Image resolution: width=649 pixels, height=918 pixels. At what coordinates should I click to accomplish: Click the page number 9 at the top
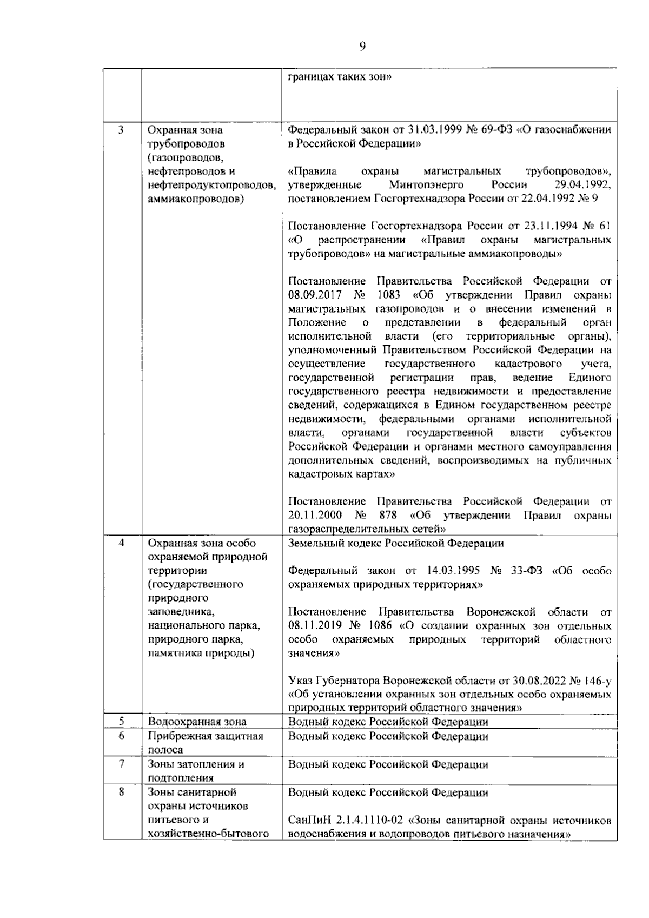(x=362, y=47)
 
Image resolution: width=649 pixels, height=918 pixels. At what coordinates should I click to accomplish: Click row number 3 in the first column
(x=121, y=130)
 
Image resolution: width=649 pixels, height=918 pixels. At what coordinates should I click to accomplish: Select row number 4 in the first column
(x=121, y=543)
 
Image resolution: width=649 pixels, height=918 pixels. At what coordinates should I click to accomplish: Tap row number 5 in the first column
(x=121, y=721)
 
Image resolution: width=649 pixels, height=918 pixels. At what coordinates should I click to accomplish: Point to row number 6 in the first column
(x=121, y=736)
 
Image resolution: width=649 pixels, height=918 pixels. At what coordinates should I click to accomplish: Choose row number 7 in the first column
(x=121, y=764)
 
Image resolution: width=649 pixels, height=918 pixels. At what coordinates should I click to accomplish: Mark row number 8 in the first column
(x=121, y=792)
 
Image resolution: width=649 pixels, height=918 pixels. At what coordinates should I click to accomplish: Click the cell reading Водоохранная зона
(x=197, y=722)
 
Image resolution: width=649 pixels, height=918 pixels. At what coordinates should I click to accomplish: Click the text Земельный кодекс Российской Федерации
(x=396, y=543)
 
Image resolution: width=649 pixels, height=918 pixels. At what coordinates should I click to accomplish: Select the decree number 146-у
(x=594, y=681)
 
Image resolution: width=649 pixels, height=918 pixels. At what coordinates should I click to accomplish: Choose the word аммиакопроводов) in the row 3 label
(x=195, y=199)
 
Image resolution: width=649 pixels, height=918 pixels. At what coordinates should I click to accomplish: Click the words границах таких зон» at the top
(x=340, y=76)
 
